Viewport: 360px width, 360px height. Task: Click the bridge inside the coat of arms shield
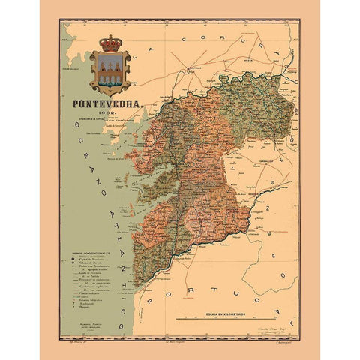click(109, 73)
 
